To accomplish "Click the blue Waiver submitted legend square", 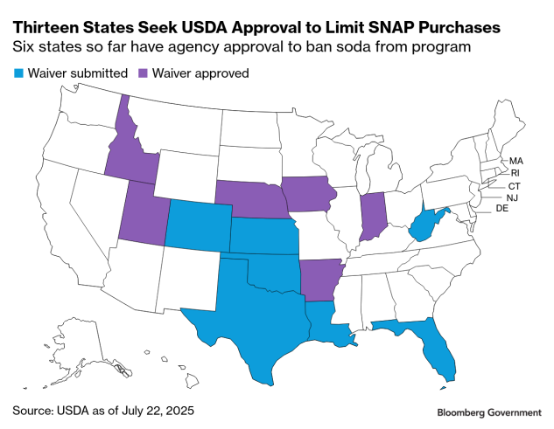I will [18, 73].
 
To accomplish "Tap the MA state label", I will [515, 161].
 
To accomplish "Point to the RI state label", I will [515, 173].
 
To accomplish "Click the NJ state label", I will [512, 197].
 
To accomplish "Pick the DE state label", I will [502, 210].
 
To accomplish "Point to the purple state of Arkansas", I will [319, 278].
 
